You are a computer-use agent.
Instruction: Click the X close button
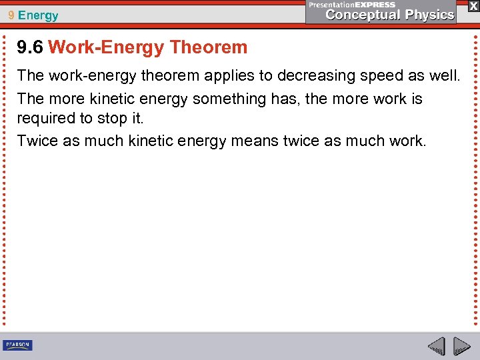click(x=473, y=5)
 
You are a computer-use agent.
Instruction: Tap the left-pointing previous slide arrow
click(x=436, y=347)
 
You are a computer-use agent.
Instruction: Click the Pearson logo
click(x=17, y=345)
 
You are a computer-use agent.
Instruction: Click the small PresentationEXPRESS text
click(x=351, y=4)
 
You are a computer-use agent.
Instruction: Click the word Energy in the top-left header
click(x=38, y=15)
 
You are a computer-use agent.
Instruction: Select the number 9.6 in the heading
click(x=31, y=47)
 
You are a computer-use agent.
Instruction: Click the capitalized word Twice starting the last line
click(x=36, y=141)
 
